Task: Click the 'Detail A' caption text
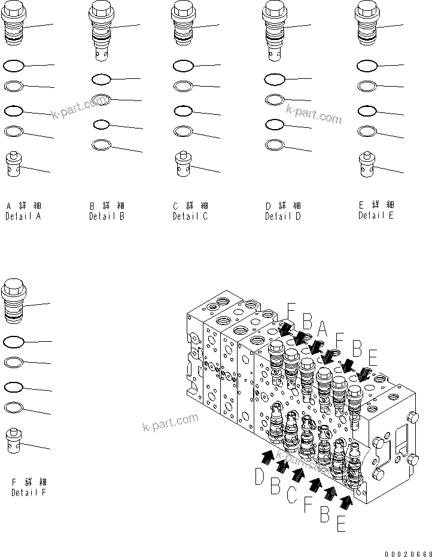point(23,217)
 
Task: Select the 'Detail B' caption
point(107,217)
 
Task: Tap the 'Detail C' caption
point(190,216)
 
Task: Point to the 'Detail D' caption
point(283,217)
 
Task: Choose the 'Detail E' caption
point(376,216)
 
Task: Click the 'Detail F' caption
point(29,492)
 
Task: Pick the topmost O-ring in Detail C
point(182,65)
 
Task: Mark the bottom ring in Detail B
point(101,144)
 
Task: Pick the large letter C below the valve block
point(291,495)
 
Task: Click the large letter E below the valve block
point(341,525)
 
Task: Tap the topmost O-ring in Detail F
point(14,341)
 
